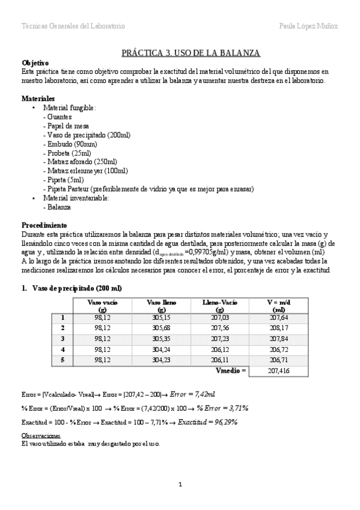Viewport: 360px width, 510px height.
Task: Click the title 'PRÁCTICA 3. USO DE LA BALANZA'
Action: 191,54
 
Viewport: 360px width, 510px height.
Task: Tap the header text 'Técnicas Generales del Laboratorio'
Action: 73,26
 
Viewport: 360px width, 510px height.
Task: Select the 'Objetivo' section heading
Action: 35,63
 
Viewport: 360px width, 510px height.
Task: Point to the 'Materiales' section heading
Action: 38,98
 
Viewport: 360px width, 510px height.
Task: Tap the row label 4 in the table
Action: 63,349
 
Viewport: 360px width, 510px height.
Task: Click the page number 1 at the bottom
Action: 180,485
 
